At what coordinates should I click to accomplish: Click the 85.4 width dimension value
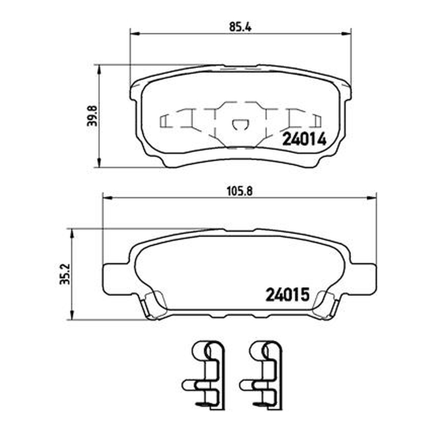[x=240, y=27]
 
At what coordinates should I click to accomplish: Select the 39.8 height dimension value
[x=92, y=116]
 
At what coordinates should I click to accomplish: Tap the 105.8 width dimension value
[x=239, y=192]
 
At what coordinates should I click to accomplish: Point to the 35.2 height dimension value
[x=65, y=274]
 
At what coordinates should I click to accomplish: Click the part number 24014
[x=305, y=139]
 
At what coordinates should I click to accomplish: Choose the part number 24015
[x=288, y=295]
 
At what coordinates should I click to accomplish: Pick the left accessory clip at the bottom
[x=204, y=375]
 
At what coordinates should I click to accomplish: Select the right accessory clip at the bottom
[x=261, y=375]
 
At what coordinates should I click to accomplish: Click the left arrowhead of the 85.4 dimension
[x=135, y=33]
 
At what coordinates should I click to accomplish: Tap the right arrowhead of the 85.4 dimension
[x=346, y=33]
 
